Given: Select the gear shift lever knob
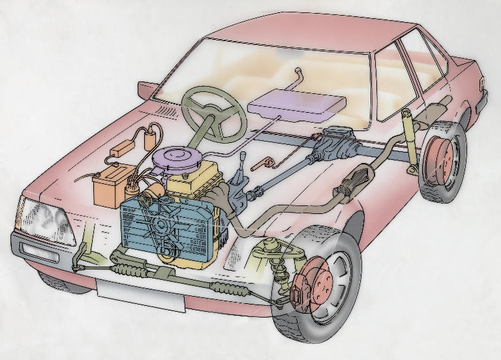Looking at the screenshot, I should (x=243, y=155).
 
